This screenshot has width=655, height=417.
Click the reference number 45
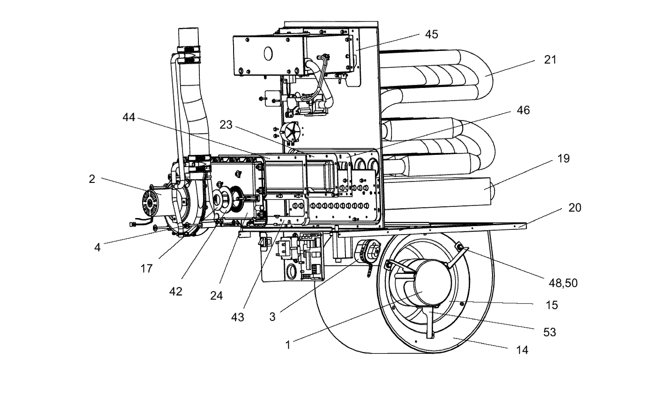(x=431, y=34)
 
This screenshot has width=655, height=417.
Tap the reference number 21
(x=550, y=60)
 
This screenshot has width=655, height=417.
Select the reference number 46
(x=523, y=110)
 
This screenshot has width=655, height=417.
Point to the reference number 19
(x=564, y=159)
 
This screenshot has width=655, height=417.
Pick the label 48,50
(x=563, y=283)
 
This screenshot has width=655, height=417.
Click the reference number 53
(x=550, y=332)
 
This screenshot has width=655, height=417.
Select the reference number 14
(x=522, y=350)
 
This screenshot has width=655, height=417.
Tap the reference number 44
(x=129, y=117)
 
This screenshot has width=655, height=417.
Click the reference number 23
(x=226, y=125)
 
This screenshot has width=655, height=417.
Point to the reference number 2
(x=92, y=179)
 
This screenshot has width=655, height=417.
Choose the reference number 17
(x=147, y=268)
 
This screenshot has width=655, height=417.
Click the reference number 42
(x=176, y=291)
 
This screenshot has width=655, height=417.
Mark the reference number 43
(x=237, y=317)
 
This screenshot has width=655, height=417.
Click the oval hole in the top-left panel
(x=269, y=54)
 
